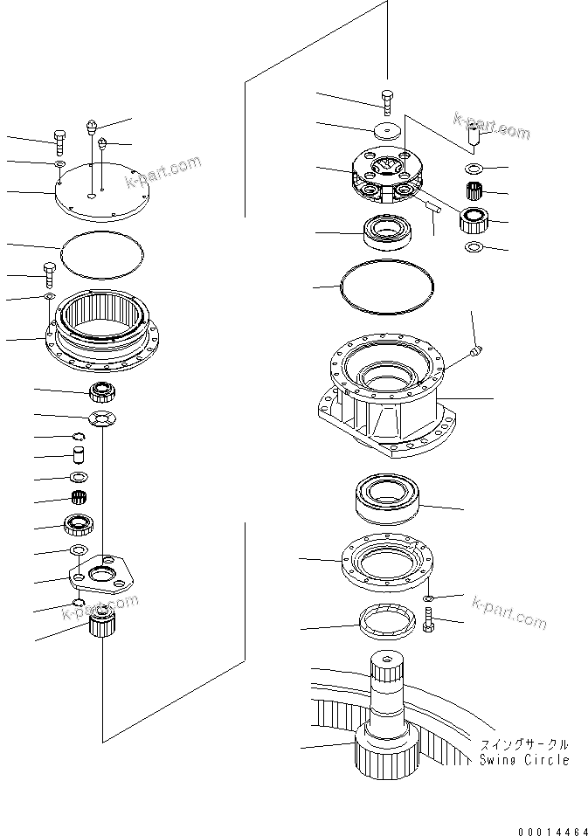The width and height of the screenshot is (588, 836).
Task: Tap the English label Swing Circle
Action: [x=524, y=760]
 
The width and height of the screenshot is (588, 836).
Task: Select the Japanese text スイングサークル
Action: [x=523, y=745]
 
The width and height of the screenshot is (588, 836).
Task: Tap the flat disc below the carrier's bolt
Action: [x=385, y=132]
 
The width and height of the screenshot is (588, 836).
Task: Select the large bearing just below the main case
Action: [x=388, y=500]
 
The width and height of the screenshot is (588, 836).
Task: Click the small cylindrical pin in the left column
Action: [x=76, y=454]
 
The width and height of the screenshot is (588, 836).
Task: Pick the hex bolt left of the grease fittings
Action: [x=59, y=139]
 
